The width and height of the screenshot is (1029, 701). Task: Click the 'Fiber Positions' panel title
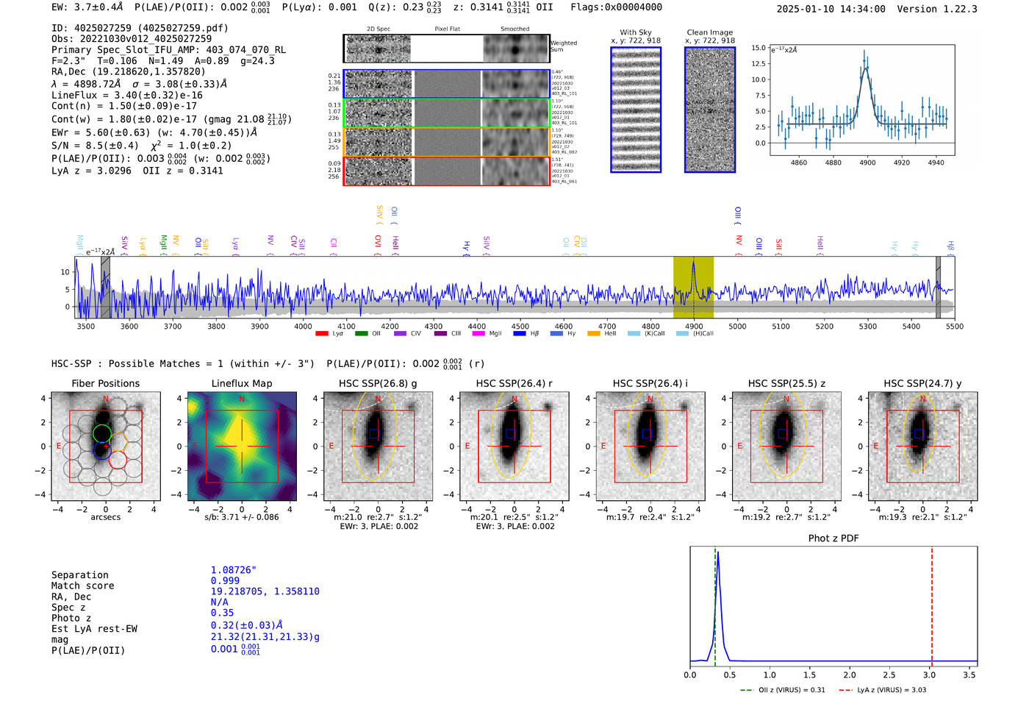[x=105, y=383]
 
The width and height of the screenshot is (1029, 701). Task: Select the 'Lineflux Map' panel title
[x=241, y=383]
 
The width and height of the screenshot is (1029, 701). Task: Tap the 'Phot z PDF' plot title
[x=833, y=538]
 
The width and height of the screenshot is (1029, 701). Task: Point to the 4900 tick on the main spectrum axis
[x=694, y=326]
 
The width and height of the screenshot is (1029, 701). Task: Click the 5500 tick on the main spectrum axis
[x=954, y=326]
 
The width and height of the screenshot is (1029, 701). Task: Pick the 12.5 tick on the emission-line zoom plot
[x=758, y=63]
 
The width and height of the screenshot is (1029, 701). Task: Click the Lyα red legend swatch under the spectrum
[x=321, y=333]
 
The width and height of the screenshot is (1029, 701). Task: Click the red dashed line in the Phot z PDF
[x=931, y=603]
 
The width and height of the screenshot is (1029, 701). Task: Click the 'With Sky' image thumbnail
[x=636, y=110]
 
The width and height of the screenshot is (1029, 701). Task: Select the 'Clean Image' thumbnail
[x=709, y=110]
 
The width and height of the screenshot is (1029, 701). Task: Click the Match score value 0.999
[x=225, y=581]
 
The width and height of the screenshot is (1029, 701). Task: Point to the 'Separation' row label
[x=79, y=575]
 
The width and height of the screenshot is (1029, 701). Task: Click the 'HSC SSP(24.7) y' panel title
[x=922, y=383]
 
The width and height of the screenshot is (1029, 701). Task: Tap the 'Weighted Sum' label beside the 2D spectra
[x=563, y=46]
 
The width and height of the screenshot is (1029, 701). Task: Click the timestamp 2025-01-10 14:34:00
[x=831, y=9]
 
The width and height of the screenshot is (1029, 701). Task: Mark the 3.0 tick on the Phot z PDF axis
[x=929, y=675]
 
